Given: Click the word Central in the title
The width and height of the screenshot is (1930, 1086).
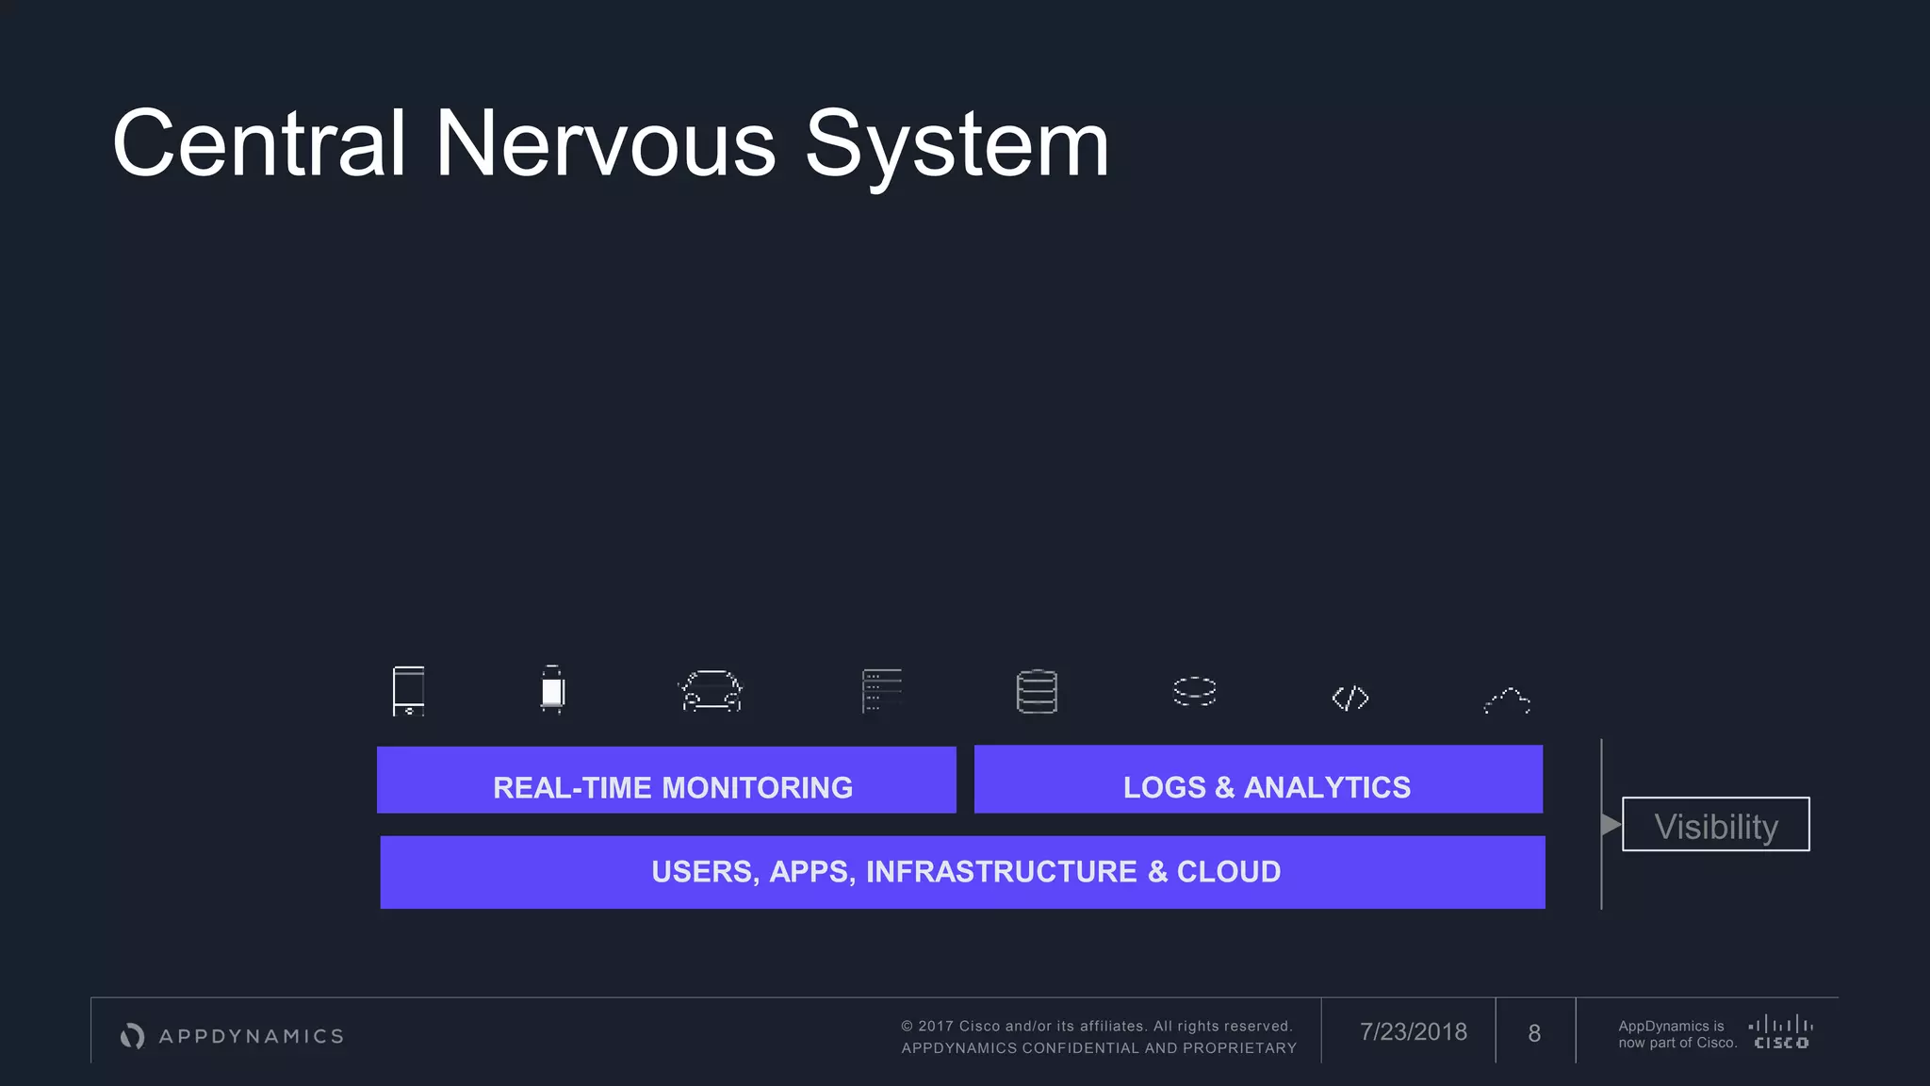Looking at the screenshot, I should point(259,143).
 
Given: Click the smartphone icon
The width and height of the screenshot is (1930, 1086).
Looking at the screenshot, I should point(408,691).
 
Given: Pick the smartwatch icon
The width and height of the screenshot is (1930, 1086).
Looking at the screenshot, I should point(552,690).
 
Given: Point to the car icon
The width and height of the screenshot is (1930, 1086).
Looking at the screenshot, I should point(711,691).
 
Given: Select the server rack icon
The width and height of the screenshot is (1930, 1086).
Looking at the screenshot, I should point(882,691).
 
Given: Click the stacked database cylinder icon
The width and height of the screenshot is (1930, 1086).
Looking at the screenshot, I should point(1037,692).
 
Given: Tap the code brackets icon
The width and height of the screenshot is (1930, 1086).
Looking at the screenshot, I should point(1349,698).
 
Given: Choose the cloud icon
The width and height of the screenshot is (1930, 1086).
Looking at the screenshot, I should point(1507,700).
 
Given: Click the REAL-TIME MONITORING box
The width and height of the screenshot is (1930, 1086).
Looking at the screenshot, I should point(666,781).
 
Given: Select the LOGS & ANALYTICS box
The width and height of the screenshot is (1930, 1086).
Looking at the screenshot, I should point(1258,781).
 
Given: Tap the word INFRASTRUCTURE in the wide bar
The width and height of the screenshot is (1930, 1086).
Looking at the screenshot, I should point(1002,872).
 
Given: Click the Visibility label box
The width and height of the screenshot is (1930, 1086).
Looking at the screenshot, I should point(1715,825).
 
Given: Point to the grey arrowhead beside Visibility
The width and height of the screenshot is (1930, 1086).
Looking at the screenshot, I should point(1611,825).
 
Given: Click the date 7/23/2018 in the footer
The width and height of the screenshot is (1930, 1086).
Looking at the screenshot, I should point(1413,1032).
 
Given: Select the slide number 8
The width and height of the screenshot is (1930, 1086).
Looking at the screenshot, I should point(1534,1034).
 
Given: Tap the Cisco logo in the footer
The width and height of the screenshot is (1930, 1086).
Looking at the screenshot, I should point(1780,1032).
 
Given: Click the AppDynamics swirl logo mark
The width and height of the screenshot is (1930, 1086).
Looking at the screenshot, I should point(133,1036).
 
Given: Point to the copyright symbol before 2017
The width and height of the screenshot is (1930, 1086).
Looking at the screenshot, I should point(907,1027).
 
